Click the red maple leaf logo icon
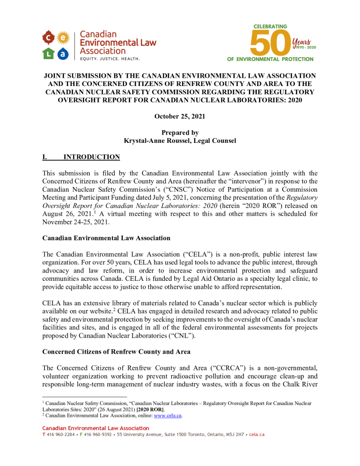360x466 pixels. pyautogui.click(x=49, y=37)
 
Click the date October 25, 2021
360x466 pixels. pyautogui.click(x=180, y=116)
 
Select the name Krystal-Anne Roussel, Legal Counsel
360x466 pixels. pyautogui.click(x=180, y=141)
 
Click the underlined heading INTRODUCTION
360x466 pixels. pyautogui.click(x=91, y=157)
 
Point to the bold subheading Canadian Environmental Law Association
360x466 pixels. pyautogui.click(x=106, y=238)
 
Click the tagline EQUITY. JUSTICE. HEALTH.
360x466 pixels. pyautogui.click(x=110, y=59)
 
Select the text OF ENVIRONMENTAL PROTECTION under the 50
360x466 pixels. pyautogui.click(x=270, y=59)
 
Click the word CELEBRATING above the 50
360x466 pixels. pyautogui.click(x=270, y=26)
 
